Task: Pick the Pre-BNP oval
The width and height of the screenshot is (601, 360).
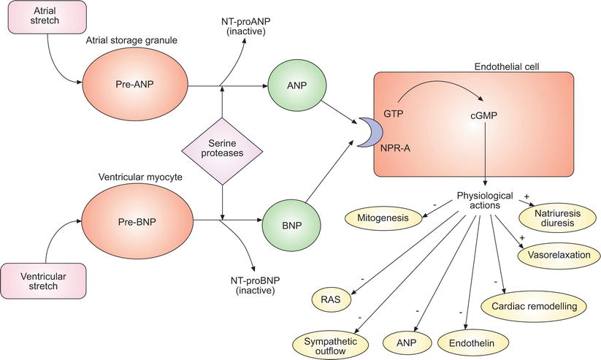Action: [x=137, y=217]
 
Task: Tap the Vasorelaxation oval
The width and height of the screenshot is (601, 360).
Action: [x=560, y=255]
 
